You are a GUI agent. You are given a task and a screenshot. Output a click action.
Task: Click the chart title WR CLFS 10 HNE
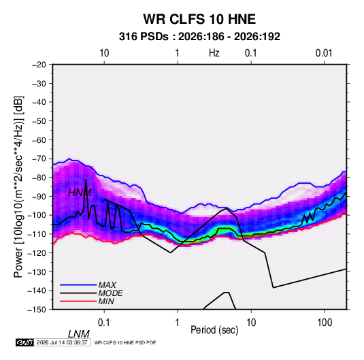point(199,19)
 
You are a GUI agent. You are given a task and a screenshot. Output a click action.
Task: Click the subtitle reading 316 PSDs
point(144,37)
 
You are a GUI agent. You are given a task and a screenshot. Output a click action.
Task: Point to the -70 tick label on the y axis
point(39,159)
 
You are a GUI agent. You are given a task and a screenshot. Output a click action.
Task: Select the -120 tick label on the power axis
point(37,253)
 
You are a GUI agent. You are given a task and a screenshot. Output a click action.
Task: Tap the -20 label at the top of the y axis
point(39,65)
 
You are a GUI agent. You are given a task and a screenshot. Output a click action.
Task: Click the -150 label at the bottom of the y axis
point(37,310)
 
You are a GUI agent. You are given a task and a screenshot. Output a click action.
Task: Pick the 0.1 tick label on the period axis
point(104,323)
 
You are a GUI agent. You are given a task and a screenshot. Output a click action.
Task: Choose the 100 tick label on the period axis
point(325,323)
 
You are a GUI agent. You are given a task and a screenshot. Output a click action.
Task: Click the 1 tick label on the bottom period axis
point(178,323)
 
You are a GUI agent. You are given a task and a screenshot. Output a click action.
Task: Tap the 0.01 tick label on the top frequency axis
point(324,53)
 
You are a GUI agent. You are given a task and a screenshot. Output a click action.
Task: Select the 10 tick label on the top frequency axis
point(104,53)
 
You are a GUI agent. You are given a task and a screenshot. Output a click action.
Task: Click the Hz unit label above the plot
point(214,53)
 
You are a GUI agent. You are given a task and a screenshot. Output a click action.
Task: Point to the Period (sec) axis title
point(214,330)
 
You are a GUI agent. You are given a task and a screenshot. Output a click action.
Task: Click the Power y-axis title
point(18,187)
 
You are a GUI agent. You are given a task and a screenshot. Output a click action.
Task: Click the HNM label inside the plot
point(80,193)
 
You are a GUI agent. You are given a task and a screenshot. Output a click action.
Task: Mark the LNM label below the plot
point(79,334)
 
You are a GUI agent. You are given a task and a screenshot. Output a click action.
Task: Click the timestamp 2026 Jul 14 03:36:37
point(62,342)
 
